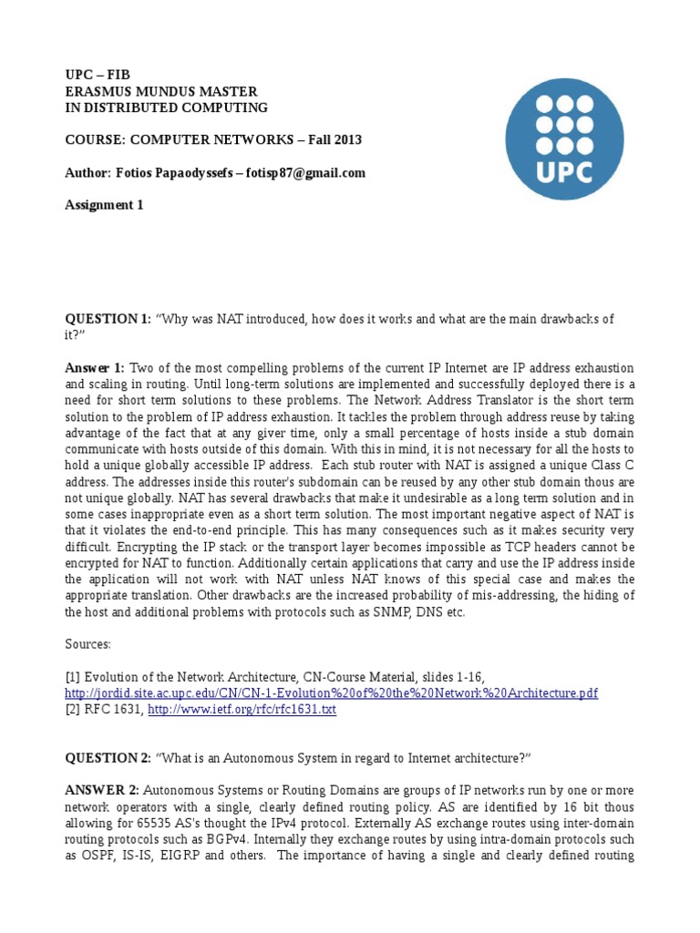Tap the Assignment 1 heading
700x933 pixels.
point(103,205)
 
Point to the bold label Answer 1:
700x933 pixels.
point(95,367)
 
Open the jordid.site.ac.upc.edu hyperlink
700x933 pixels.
point(330,693)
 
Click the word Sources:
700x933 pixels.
point(87,643)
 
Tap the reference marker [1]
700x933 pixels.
point(72,675)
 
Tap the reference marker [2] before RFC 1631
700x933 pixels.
point(72,709)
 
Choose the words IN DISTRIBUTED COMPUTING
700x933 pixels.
point(166,108)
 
